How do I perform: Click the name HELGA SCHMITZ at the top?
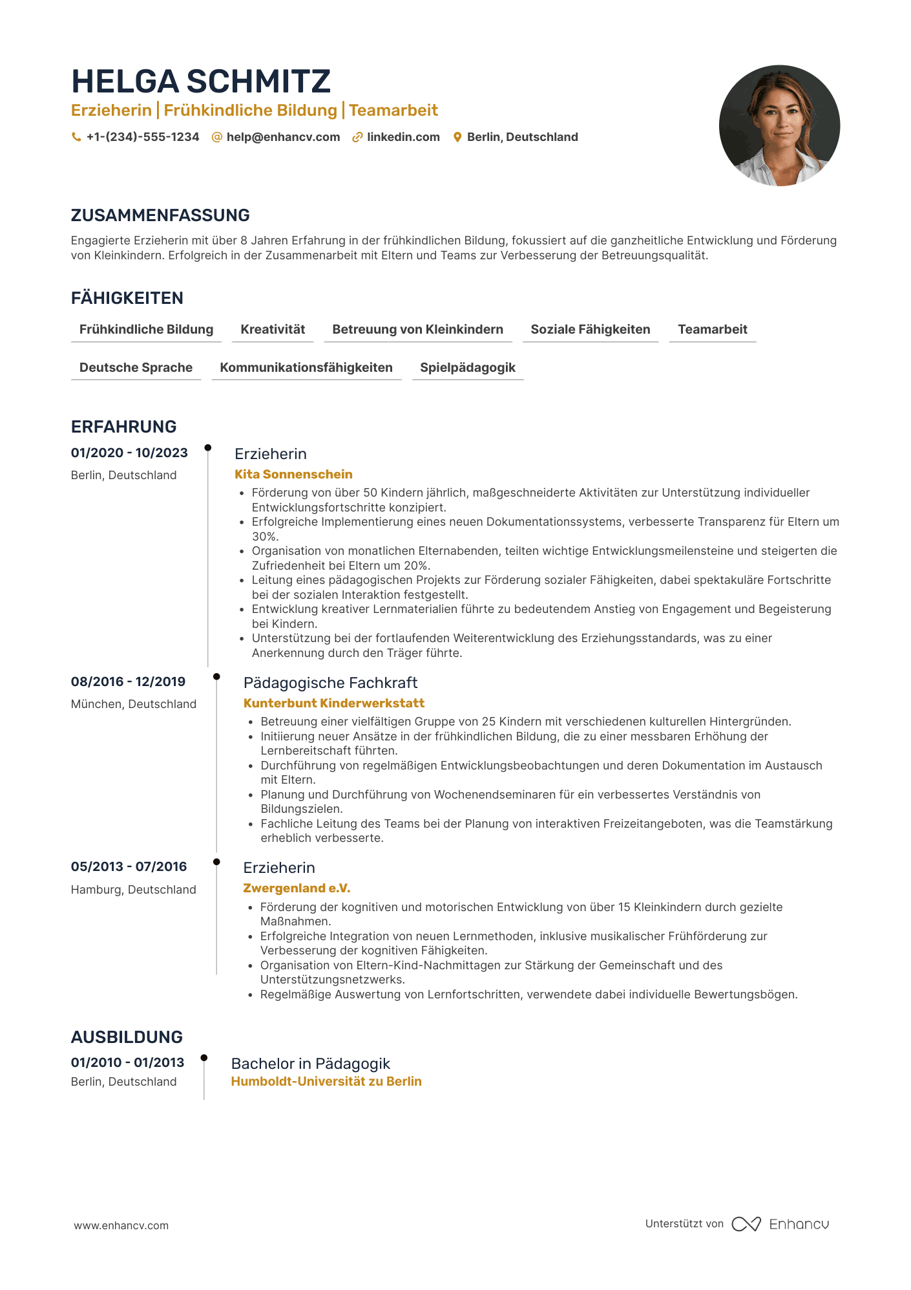pos(201,81)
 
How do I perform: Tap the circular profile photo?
pos(779,125)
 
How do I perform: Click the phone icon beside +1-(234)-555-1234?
pos(76,137)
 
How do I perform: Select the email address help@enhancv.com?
pos(283,137)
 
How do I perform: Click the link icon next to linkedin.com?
pos(357,137)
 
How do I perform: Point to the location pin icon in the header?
pos(457,137)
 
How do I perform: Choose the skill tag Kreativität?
pos(273,329)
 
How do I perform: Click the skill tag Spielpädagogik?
pos(467,367)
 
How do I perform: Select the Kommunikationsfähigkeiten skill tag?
pos(306,367)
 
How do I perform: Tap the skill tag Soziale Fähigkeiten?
pos(590,329)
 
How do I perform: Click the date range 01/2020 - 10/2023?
pos(129,453)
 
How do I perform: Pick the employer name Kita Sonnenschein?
pos(293,474)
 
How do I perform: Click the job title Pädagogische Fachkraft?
pos(330,683)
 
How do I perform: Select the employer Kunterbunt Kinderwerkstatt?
pos(333,703)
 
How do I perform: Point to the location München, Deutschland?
pos(134,704)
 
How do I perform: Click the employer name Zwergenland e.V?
pos(297,888)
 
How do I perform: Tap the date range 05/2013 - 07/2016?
pos(129,866)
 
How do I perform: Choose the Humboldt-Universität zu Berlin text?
pos(326,1081)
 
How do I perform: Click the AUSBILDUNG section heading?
pos(127,1037)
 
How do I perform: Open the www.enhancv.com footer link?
pos(121,1225)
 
